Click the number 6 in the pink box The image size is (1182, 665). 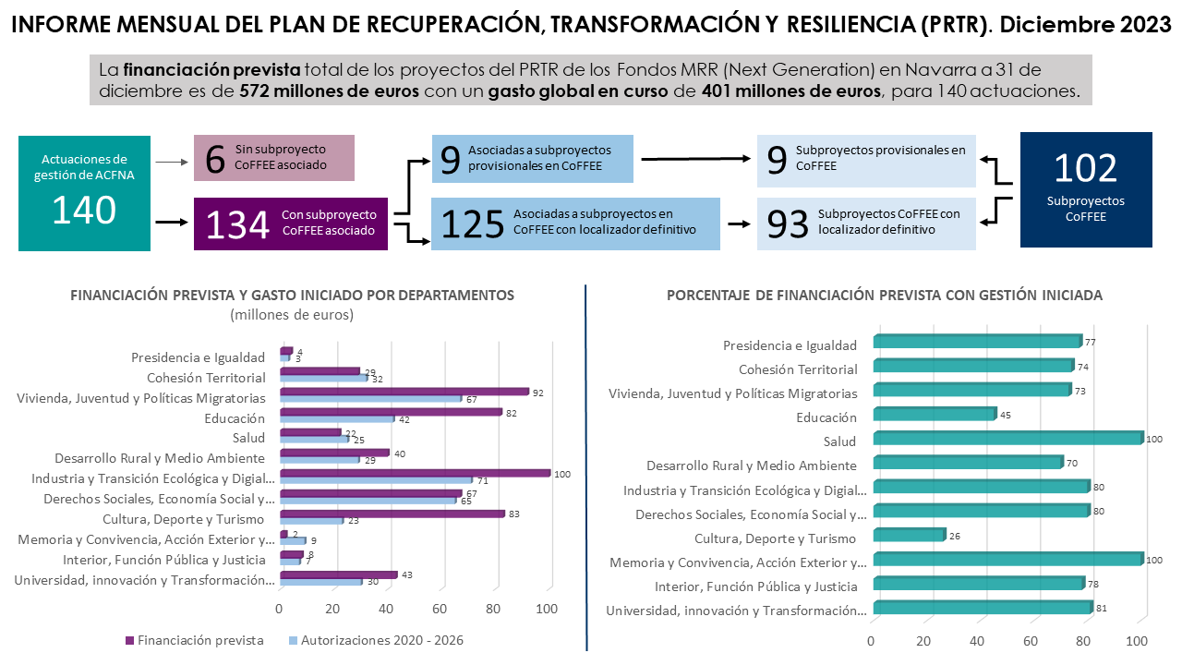tap(215, 158)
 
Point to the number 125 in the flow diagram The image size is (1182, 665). tap(473, 225)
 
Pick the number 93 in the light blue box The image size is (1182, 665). tap(788, 225)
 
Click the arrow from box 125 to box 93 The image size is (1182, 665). tap(738, 224)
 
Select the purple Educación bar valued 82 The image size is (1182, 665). tap(390, 412)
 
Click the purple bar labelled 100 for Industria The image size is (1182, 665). tap(415, 473)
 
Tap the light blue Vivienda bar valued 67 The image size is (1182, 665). tap(369, 398)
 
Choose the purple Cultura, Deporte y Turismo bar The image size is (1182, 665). tap(392, 514)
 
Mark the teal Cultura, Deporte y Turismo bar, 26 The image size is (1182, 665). tap(909, 535)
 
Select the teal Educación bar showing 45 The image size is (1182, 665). tap(933, 414)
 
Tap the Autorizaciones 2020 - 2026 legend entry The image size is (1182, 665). tap(381, 640)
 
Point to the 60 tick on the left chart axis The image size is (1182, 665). tap(440, 610)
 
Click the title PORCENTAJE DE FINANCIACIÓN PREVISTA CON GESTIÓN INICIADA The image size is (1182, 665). tap(884, 296)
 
